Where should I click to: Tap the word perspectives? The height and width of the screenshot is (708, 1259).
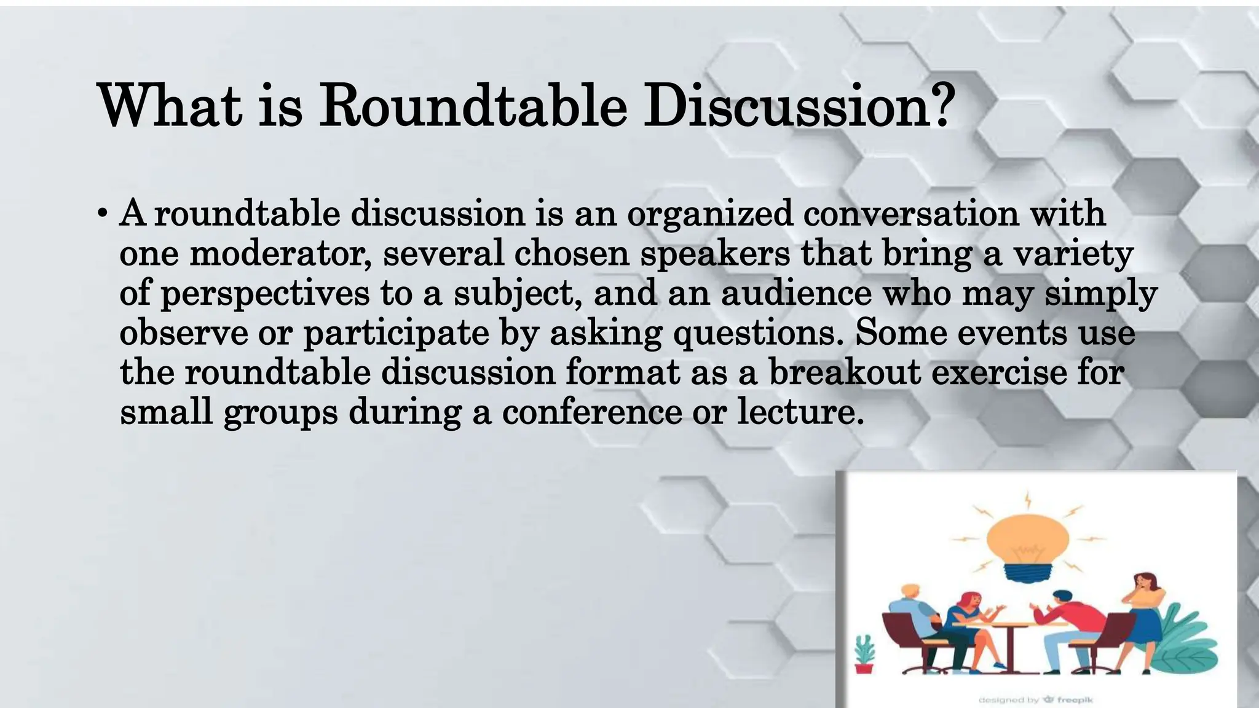click(265, 294)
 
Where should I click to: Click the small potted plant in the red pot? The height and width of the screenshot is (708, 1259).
click(864, 653)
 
